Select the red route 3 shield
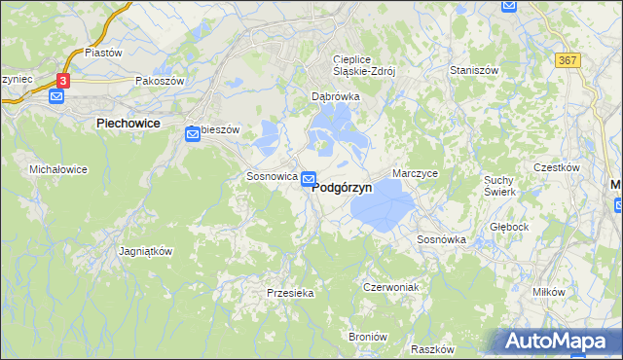tap(63, 81)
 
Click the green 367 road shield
tap(568, 60)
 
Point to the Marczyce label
tap(416, 173)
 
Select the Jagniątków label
tap(145, 251)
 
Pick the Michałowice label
tap(58, 169)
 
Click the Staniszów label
tap(474, 71)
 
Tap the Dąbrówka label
tap(336, 97)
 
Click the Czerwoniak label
tap(390, 288)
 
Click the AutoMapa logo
tap(554, 342)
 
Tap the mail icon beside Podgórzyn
tap(309, 178)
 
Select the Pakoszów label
tap(161, 82)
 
